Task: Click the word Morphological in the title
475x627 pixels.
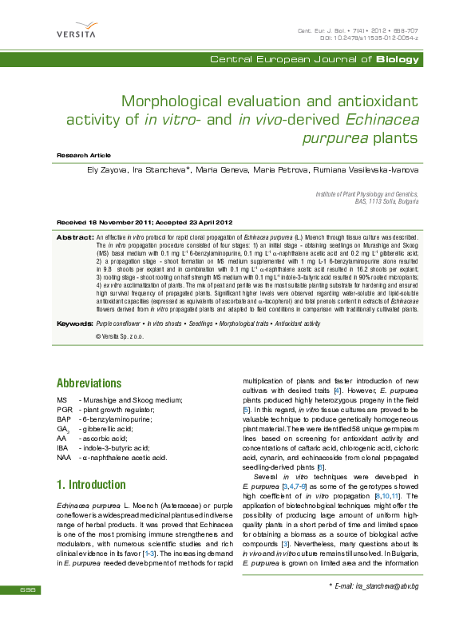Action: (172, 101)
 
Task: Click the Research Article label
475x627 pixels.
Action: (84, 154)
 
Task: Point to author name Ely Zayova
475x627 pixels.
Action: (108, 170)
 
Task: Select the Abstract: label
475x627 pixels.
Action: (75, 238)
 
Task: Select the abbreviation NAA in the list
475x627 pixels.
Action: (65, 458)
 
